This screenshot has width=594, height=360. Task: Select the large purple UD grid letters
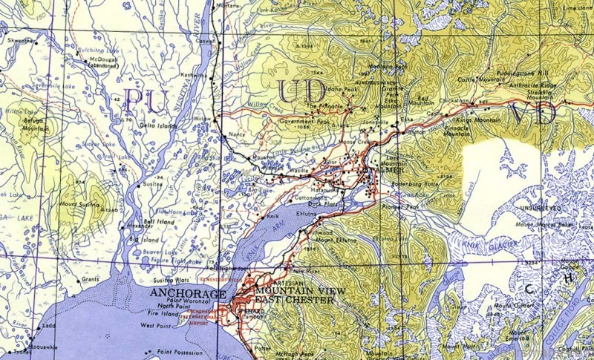point(301,92)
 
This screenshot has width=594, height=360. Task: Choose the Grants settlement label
point(90,279)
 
